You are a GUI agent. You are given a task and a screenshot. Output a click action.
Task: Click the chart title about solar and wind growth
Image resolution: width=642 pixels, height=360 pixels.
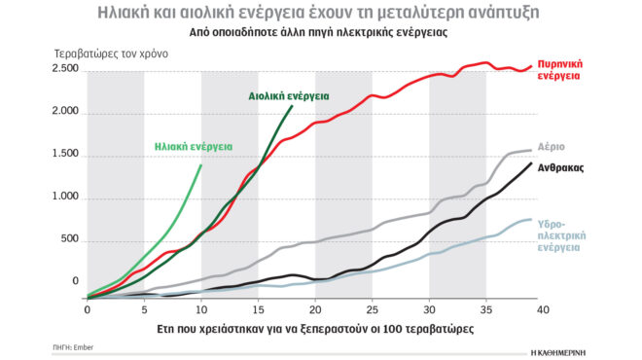tap(320, 13)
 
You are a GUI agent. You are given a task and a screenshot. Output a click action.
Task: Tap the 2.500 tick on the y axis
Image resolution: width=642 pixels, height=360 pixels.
tap(65, 69)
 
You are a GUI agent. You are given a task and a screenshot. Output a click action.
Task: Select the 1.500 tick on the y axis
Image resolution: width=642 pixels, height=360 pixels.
tap(65, 155)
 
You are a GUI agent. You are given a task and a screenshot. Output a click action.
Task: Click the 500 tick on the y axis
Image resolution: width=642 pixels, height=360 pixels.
tap(71, 239)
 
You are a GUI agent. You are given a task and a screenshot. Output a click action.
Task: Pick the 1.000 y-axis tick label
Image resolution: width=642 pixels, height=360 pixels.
tap(65, 197)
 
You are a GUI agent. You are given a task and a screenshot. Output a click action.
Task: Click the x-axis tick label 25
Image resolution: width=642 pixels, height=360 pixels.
tap(373, 309)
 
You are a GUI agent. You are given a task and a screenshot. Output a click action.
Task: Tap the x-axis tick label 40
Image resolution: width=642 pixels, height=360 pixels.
tap(543, 309)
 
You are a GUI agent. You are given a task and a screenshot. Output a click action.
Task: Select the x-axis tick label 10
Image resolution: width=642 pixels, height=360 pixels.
tap(201, 309)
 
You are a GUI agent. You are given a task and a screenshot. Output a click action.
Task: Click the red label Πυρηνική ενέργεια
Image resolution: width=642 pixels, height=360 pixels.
tap(563, 69)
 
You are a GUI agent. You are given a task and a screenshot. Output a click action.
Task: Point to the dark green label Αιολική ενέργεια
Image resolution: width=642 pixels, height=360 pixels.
tap(288, 97)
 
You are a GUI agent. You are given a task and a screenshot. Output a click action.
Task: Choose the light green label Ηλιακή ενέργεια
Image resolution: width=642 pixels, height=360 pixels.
tap(193, 147)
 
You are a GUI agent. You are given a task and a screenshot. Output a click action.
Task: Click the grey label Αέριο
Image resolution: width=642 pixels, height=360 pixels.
tap(552, 148)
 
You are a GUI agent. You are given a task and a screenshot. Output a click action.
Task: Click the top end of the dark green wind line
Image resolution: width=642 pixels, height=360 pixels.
tap(292, 107)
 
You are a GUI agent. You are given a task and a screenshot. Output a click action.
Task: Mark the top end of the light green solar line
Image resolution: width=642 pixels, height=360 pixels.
tap(201, 164)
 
